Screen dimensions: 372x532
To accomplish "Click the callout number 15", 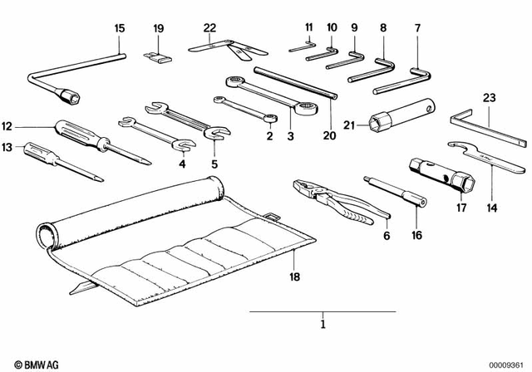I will (x=119, y=28).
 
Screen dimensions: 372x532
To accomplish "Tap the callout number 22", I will (x=209, y=27).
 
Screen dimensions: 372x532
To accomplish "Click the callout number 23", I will (x=489, y=97).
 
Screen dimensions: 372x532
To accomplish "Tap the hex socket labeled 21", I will (x=384, y=124).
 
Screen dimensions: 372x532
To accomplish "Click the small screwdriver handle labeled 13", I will (x=40, y=151).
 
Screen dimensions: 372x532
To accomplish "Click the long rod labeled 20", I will (x=294, y=84).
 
